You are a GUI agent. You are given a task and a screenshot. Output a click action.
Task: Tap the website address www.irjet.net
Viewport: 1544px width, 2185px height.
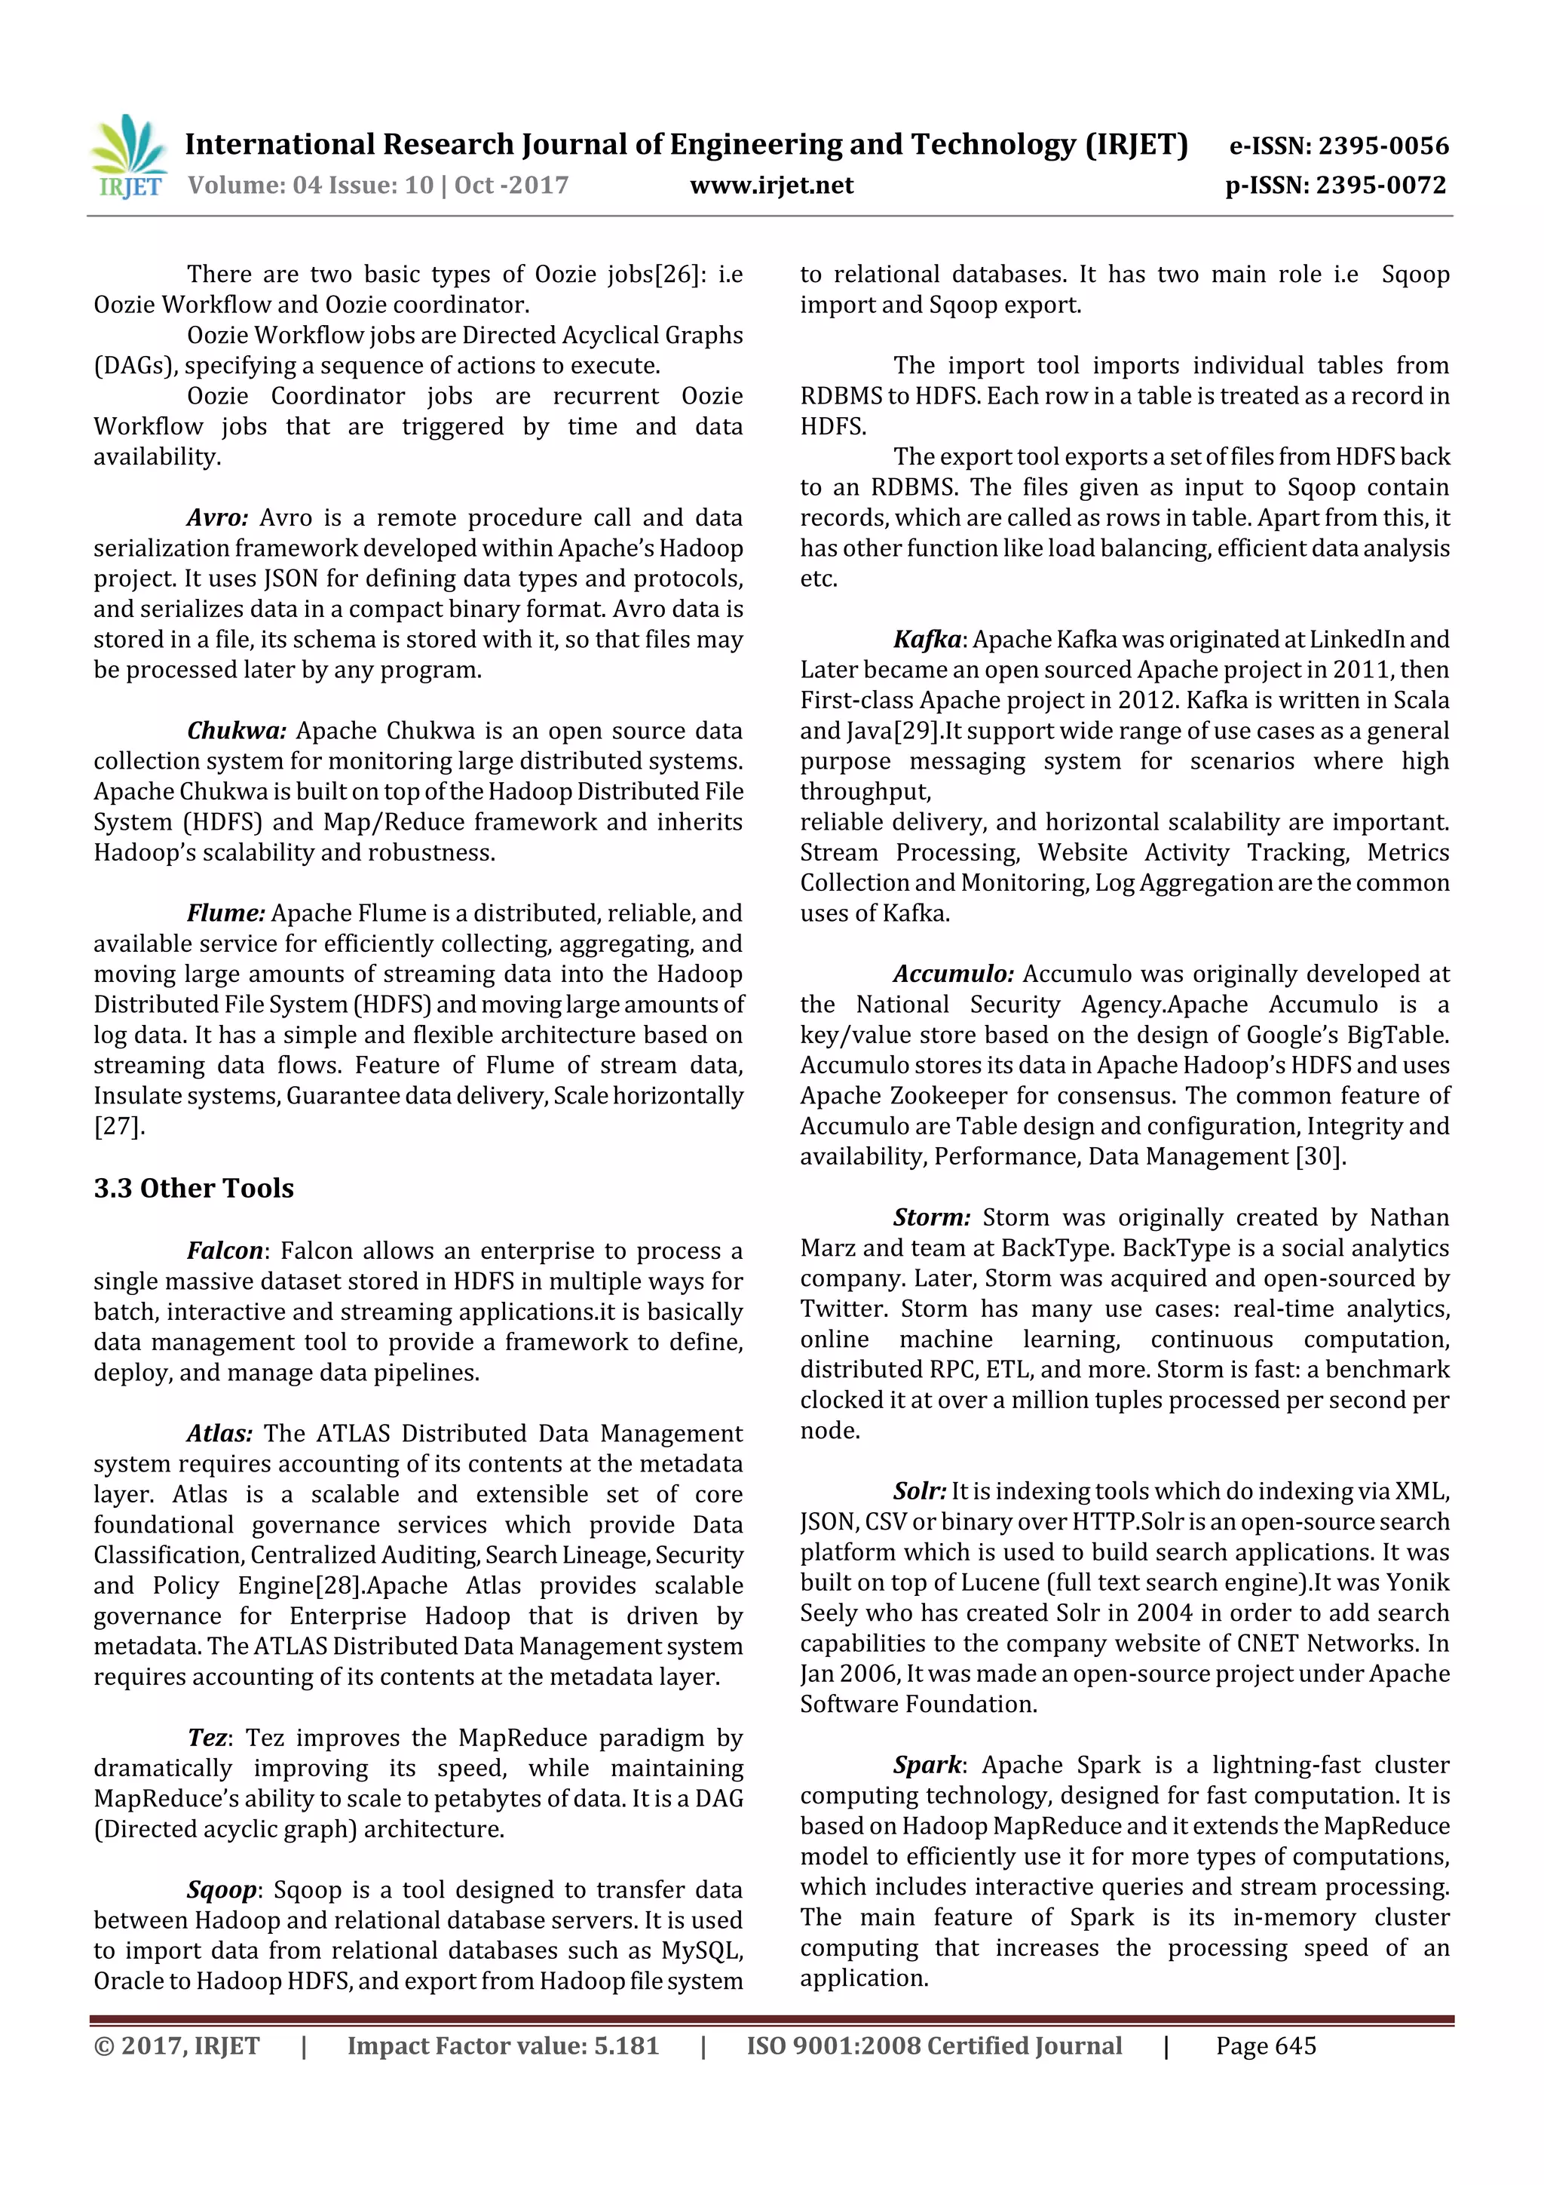(771, 185)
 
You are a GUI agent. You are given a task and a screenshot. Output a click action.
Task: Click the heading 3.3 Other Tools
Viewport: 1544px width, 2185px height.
(193, 1188)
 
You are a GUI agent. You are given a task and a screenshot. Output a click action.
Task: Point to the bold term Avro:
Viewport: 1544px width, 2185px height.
(217, 517)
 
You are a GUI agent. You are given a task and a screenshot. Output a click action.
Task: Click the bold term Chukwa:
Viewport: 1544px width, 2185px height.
(236, 731)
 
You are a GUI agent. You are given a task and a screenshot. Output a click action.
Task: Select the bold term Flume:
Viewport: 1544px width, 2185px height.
(225, 913)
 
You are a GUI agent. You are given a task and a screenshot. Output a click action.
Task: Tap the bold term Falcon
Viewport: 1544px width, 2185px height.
(225, 1251)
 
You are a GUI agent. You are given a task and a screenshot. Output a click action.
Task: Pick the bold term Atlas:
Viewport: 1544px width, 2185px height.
(219, 1433)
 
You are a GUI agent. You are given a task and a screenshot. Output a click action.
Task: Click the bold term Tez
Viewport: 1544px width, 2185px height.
(207, 1738)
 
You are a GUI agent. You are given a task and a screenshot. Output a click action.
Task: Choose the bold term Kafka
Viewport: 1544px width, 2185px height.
(927, 640)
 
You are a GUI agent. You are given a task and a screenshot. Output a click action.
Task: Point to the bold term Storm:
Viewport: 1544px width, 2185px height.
(931, 1217)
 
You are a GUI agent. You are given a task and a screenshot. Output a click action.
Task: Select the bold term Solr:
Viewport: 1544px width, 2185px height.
(919, 1491)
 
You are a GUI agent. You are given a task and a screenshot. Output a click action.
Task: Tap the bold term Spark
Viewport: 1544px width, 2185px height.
(927, 1766)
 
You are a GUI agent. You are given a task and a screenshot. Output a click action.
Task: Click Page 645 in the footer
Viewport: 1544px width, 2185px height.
(1265, 2046)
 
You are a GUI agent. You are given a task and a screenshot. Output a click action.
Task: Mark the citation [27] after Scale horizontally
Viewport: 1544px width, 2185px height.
(119, 1127)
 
